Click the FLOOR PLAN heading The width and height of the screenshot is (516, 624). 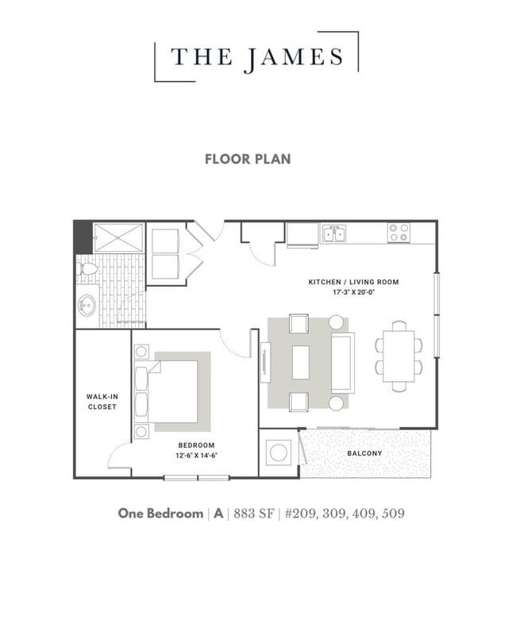click(248, 159)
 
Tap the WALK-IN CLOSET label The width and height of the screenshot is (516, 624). click(102, 401)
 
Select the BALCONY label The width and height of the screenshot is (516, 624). click(364, 453)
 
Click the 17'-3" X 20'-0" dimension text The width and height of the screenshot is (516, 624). click(353, 292)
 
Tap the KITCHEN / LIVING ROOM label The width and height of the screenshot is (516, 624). click(353, 282)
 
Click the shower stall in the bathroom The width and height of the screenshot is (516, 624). click(118, 237)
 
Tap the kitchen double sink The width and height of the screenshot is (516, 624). click(334, 233)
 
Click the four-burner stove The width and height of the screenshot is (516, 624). click(399, 233)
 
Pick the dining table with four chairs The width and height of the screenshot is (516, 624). click(399, 356)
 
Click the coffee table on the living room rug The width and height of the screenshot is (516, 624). click(301, 363)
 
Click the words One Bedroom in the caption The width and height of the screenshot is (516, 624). click(160, 514)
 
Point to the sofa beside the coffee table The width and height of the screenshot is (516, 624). click(342, 363)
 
